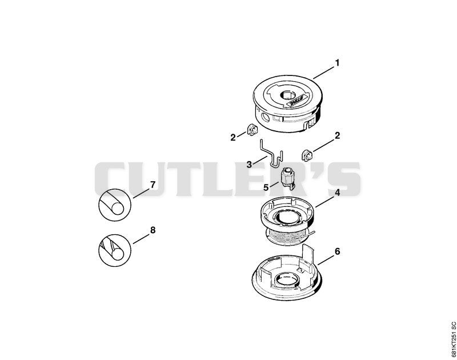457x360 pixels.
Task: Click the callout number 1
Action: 337,63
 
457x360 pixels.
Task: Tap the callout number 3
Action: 249,165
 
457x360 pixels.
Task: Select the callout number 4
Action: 337,193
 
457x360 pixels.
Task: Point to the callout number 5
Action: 266,187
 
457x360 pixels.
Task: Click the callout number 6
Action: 337,251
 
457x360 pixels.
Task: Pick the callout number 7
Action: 153,185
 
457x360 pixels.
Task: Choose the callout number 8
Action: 153,230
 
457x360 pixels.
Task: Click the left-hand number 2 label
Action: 233,138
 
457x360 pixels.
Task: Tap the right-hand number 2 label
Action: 337,135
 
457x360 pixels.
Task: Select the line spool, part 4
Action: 287,221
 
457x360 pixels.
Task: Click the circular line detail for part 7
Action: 115,204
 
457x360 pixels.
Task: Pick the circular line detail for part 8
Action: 115,250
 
